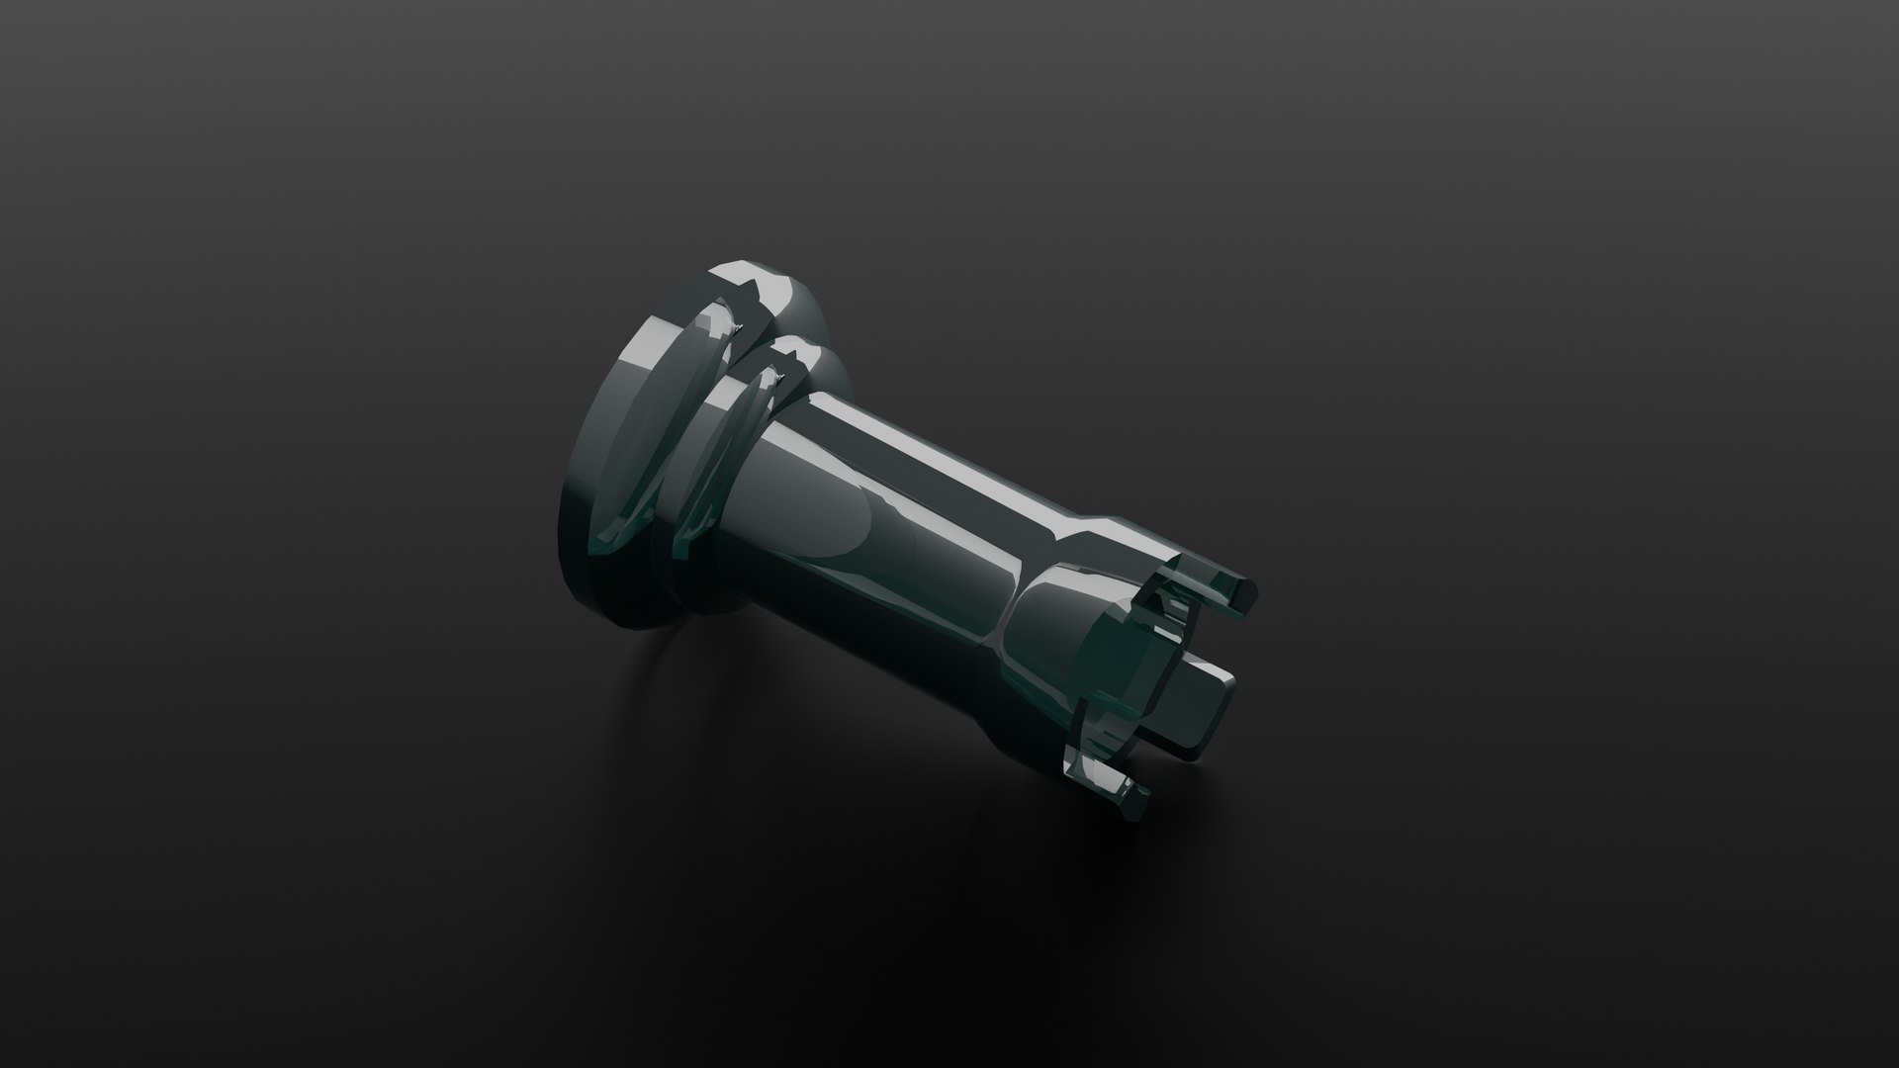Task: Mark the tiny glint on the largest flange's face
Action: coord(737,326)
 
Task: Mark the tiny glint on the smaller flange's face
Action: coord(781,381)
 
